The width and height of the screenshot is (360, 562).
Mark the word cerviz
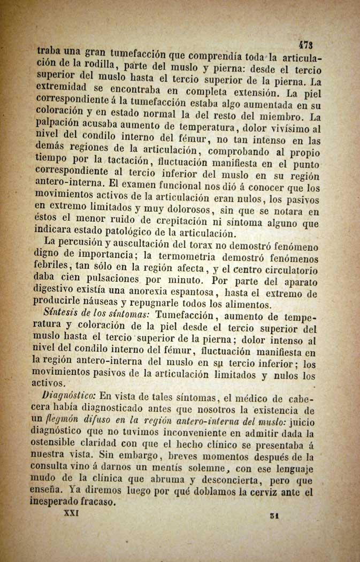point(271,491)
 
